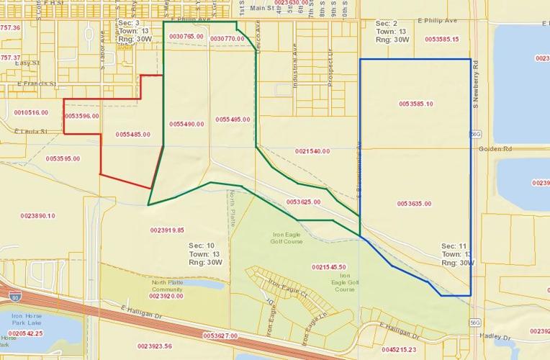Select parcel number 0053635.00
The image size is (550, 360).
point(414,204)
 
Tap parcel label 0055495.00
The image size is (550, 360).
point(233,119)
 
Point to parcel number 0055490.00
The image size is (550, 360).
point(186,124)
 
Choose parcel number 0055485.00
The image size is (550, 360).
point(132,135)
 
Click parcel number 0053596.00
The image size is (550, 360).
point(82,115)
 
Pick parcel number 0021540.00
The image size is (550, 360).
point(312,151)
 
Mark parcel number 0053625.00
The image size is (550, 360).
point(303,202)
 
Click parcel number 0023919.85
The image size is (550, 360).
point(168,230)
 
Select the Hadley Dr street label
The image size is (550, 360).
point(496,337)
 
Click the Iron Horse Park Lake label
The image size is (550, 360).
point(27,320)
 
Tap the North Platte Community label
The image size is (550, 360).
point(168,286)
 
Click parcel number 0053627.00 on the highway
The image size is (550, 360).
point(220,336)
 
